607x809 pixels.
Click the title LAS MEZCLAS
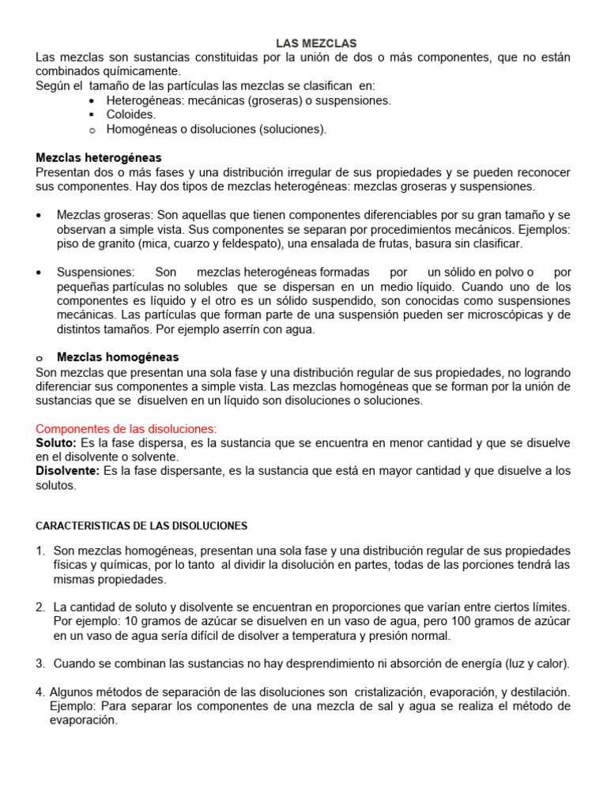click(315, 43)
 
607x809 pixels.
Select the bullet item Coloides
click(131, 115)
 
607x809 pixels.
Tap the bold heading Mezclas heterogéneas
click(99, 158)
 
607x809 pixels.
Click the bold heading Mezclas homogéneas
click(118, 357)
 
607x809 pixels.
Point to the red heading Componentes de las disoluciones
click(126, 428)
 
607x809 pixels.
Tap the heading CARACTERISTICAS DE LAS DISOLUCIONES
click(142, 525)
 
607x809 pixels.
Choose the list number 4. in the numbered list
click(40, 692)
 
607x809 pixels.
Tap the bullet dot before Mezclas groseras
click(40, 215)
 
